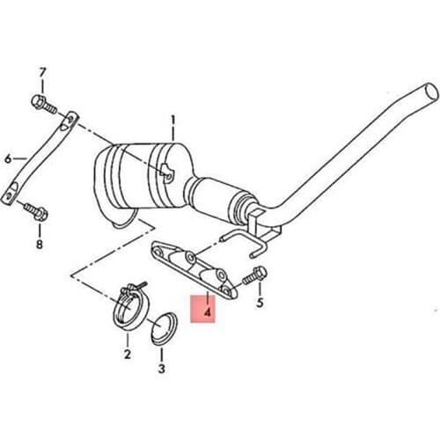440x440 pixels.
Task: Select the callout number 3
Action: click(161, 370)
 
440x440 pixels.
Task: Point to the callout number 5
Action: click(260, 304)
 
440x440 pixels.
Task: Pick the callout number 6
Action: click(8, 159)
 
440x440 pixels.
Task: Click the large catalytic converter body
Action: click(141, 180)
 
